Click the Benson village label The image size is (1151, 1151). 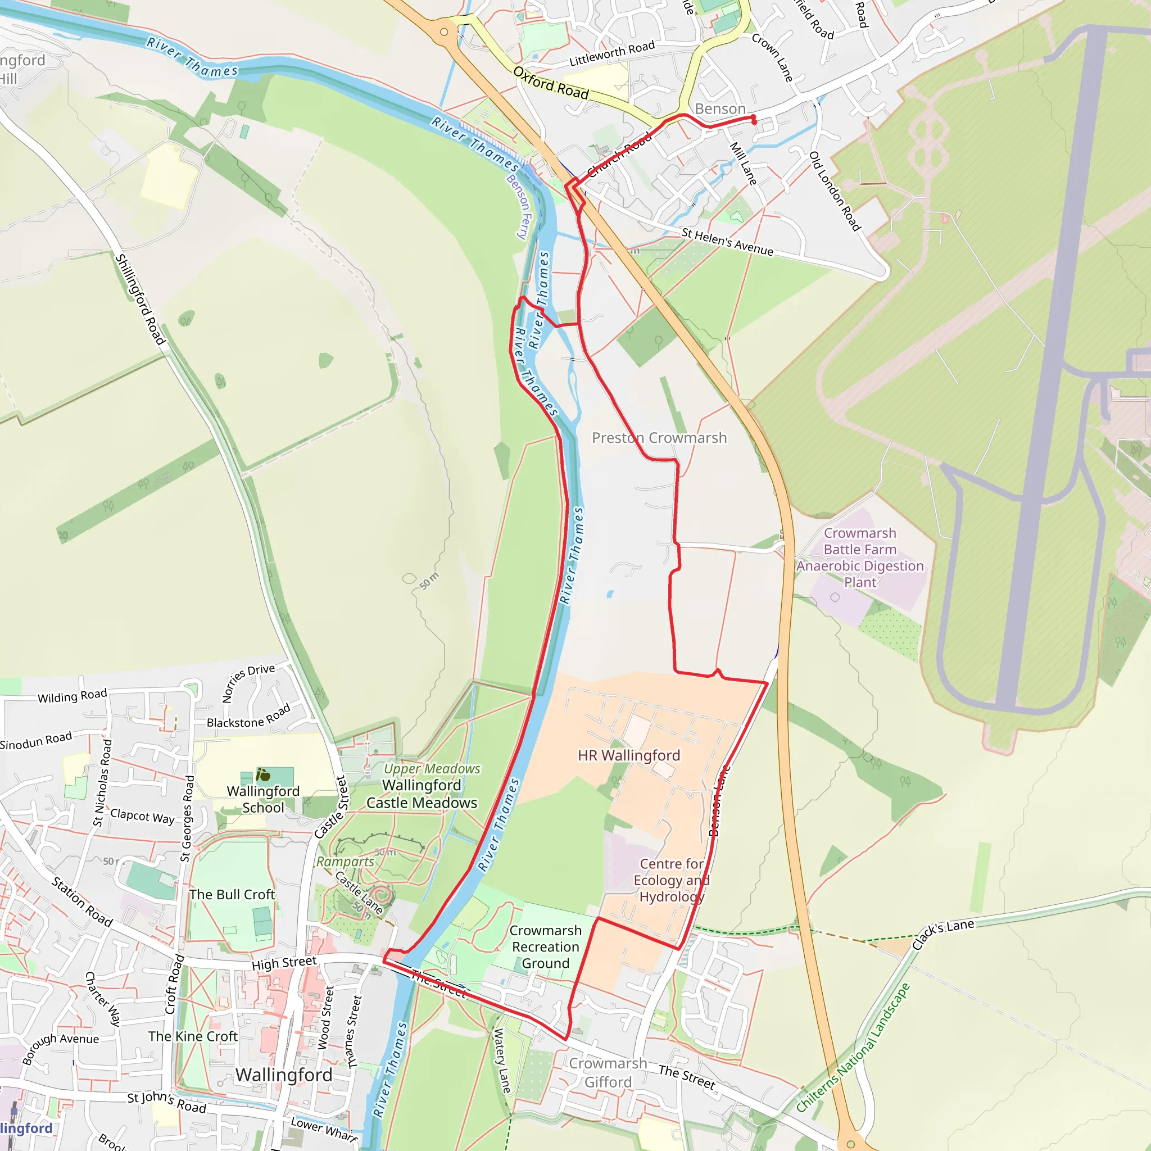[x=720, y=109]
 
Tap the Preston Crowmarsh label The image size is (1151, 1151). [x=659, y=438]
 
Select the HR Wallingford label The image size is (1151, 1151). [x=628, y=755]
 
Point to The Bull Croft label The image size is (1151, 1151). [x=232, y=894]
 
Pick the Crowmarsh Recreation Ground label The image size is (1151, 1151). [x=545, y=946]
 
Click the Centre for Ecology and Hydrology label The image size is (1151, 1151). [x=672, y=880]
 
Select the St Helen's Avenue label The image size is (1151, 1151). [x=727, y=242]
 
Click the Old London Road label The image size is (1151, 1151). [x=835, y=191]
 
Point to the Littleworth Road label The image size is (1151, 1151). [x=612, y=53]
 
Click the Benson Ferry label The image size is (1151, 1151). [x=518, y=207]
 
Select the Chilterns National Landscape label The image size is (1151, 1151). [x=853, y=1048]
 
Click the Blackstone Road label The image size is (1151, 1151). [x=248, y=716]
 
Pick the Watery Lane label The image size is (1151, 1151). [x=502, y=1061]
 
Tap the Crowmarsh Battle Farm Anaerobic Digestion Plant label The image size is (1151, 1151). [x=860, y=558]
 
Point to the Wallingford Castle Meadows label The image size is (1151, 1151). [x=422, y=794]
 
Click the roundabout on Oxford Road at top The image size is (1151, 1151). [x=444, y=31]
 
